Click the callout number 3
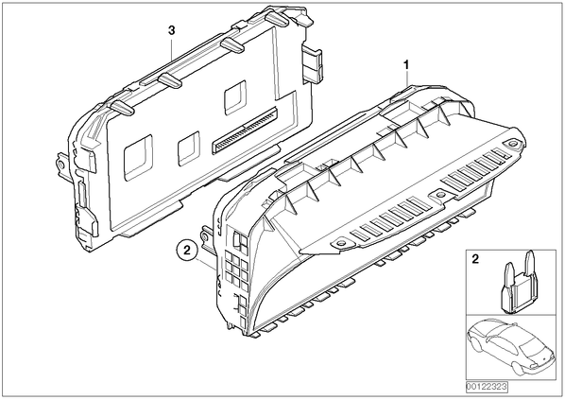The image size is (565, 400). coord(172,30)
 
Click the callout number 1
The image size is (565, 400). coord(406,65)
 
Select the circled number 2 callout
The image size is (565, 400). coord(187,251)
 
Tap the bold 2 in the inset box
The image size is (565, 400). coord(475,259)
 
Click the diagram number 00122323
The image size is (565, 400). coord(487,387)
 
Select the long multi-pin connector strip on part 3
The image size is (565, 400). coord(245,130)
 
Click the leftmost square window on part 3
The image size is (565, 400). coord(138,157)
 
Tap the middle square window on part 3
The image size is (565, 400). coord(189,148)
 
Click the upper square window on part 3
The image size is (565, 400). coord(235,97)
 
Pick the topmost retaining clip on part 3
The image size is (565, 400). coord(277,20)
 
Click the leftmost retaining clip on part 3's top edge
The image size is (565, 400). coord(122,107)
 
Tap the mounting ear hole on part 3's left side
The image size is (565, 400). coord(60,165)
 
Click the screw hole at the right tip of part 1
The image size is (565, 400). coord(512,144)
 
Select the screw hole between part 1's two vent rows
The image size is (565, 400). coord(439,195)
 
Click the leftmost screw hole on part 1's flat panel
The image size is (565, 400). coord(340,243)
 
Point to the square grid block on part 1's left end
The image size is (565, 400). coord(237,268)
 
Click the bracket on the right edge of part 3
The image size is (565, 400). coord(312,62)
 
